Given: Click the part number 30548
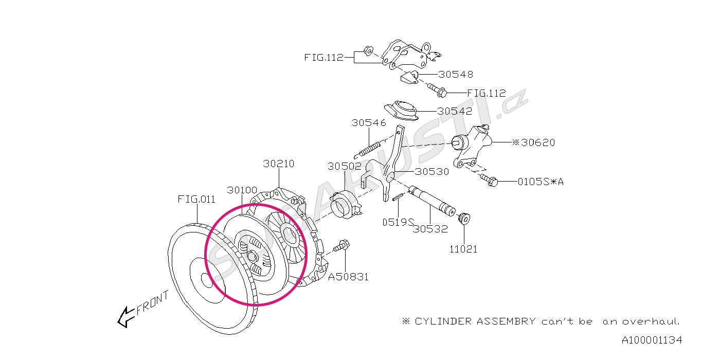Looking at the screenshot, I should click(456, 74).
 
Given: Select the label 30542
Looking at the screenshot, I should click(455, 111).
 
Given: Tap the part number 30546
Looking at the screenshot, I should click(369, 123).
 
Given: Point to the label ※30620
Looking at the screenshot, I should click(533, 142).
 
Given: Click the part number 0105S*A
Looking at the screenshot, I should click(541, 182).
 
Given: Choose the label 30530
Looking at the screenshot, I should click(432, 172).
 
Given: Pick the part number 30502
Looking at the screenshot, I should click(345, 166).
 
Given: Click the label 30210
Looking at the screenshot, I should click(279, 164).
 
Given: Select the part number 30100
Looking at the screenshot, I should click(242, 190).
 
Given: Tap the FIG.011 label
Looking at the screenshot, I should click(196, 199).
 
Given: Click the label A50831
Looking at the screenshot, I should click(349, 277).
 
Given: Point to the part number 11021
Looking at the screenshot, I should click(463, 249).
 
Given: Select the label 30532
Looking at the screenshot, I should click(430, 229).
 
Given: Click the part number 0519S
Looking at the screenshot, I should click(398, 222).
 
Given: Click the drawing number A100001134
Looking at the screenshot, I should click(652, 340).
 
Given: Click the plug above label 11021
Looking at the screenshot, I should click(463, 218).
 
